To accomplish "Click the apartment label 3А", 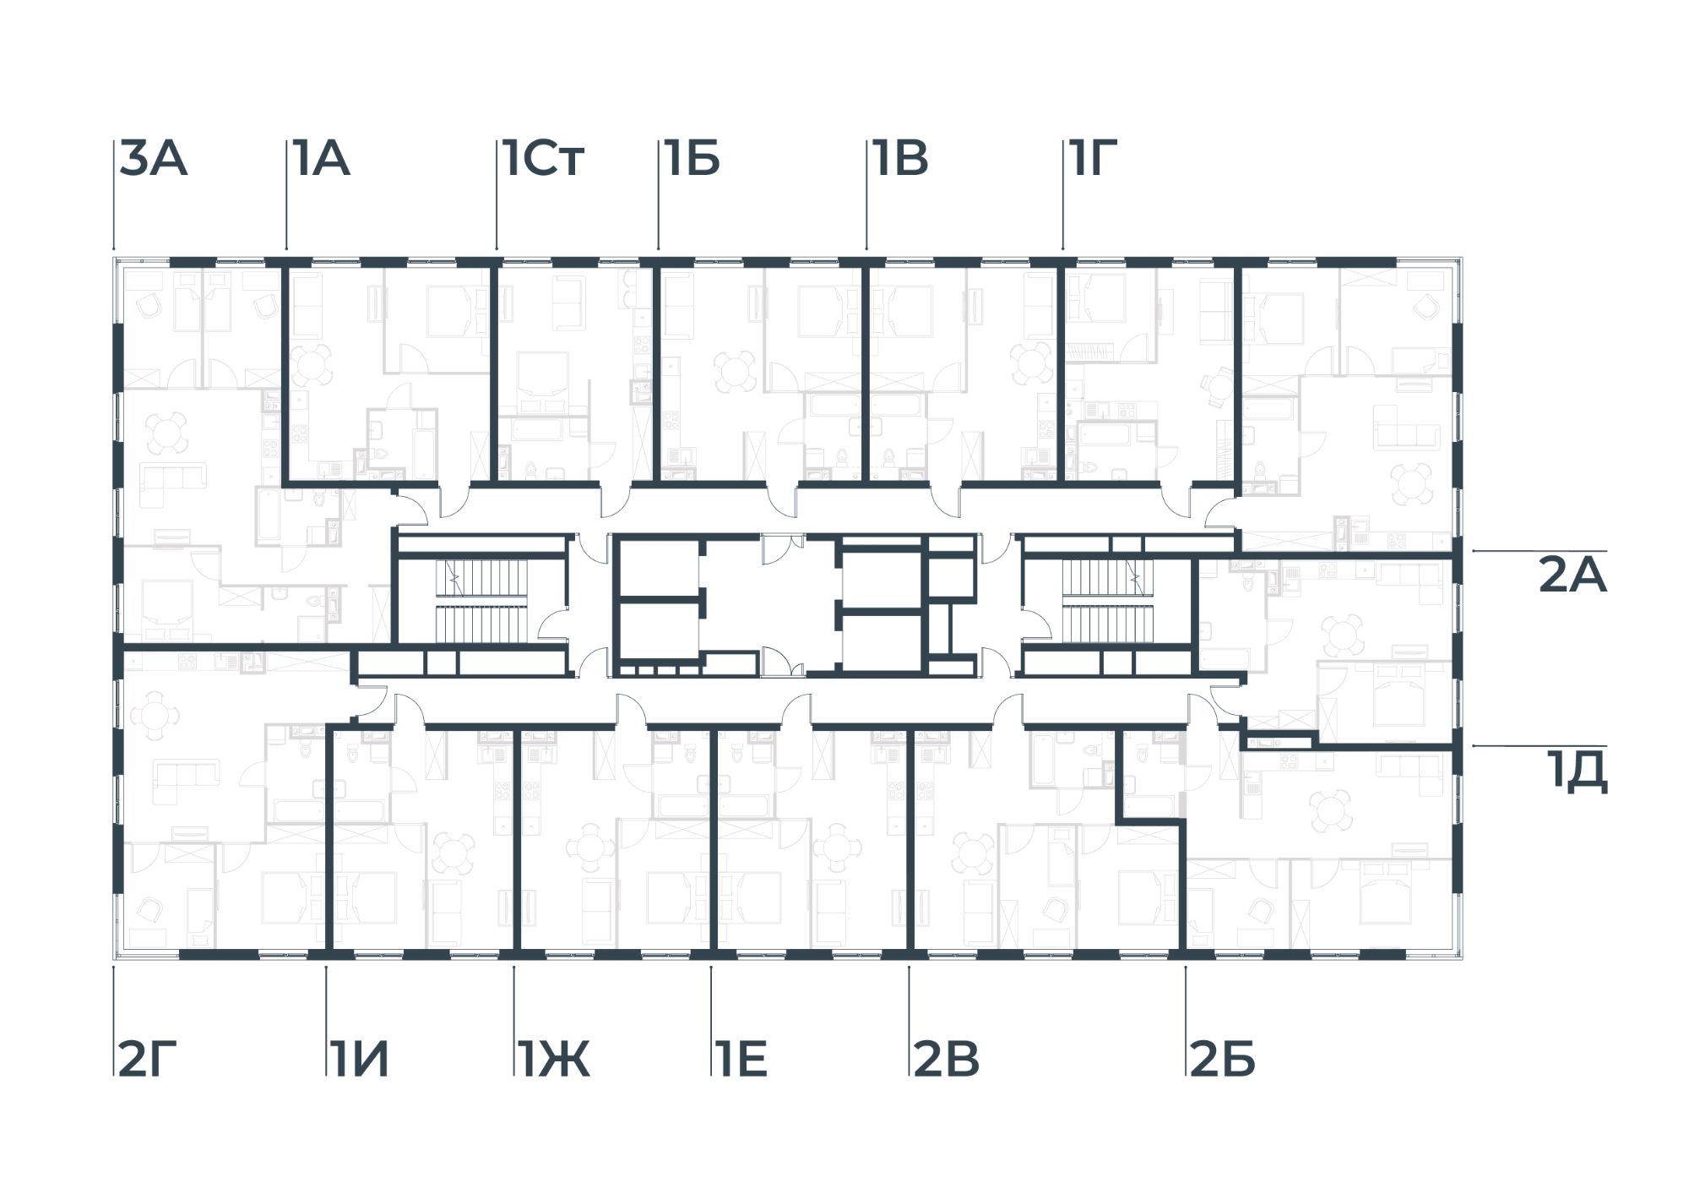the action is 153,160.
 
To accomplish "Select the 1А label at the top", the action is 321,160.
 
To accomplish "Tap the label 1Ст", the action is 543,160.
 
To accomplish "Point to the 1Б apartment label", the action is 692,160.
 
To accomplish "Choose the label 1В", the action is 901,160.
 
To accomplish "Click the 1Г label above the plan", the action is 1094,160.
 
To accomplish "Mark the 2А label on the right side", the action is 1572,576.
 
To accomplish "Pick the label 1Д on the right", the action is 1578,773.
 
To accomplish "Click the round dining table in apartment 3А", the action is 166,433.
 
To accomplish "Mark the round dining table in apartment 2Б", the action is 1330,812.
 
